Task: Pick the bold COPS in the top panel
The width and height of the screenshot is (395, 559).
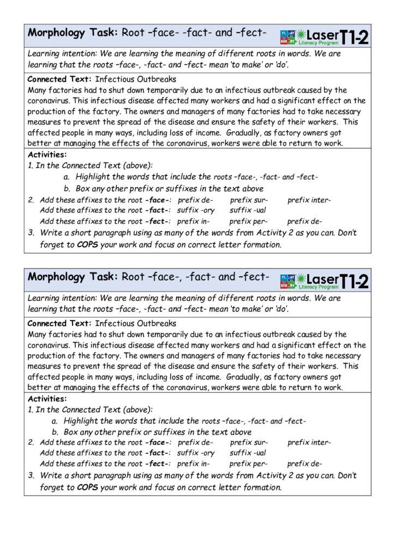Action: tap(87, 244)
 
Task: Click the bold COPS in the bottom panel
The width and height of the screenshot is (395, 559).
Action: tap(87, 487)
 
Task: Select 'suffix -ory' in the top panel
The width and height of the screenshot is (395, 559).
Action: tap(196, 210)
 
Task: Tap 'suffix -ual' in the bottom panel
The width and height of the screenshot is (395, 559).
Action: tap(248, 453)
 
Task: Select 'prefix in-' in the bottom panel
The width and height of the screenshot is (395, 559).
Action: tap(194, 463)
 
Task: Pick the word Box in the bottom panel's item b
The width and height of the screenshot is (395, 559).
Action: tap(70, 432)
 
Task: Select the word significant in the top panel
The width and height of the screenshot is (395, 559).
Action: tap(291, 101)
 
